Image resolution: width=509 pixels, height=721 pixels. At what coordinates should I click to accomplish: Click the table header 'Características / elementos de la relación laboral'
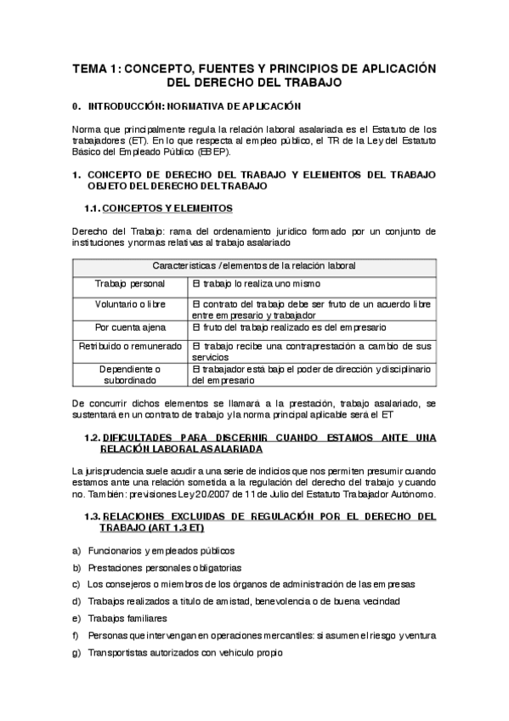(255, 265)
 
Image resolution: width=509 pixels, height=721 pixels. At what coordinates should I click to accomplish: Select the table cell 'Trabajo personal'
(130, 283)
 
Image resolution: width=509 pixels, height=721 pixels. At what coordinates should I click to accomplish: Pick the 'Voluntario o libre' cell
(130, 304)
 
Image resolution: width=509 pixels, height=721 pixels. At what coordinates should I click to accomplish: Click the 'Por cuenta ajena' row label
(130, 326)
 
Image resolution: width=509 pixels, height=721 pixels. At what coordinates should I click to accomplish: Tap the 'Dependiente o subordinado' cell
(130, 375)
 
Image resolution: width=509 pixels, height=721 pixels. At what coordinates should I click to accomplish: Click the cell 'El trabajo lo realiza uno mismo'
(256, 283)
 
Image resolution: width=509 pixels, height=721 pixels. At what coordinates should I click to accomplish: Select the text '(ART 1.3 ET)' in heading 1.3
(190, 527)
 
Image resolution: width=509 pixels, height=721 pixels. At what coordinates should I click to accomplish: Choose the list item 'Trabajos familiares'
(127, 618)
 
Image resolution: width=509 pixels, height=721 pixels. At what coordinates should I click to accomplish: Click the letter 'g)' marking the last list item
(76, 652)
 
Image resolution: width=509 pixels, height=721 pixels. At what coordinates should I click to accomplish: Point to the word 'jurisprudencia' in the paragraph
(116, 470)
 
